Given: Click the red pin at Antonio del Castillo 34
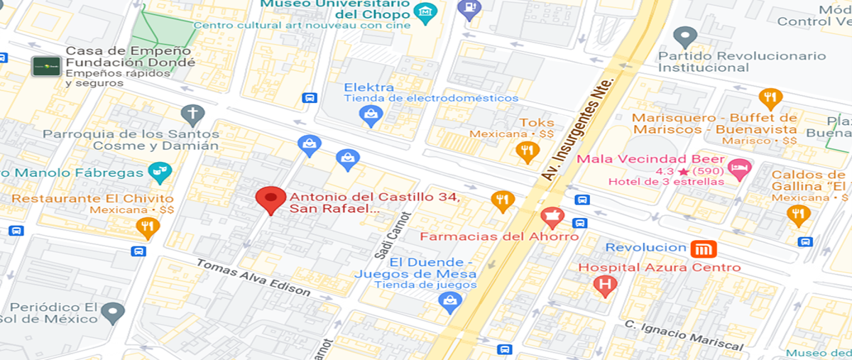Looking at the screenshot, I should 271,200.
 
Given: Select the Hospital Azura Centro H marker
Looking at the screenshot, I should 606,285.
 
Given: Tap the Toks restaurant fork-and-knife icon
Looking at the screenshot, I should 525,151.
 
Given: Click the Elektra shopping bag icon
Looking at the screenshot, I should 371,115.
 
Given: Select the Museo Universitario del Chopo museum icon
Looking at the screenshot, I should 425,13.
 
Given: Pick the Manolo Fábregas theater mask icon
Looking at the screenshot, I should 159,171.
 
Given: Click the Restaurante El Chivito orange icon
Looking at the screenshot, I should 148,227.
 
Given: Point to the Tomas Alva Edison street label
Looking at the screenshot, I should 253,277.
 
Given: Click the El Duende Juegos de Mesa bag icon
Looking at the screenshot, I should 449,302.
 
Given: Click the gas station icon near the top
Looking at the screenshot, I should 469,9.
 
